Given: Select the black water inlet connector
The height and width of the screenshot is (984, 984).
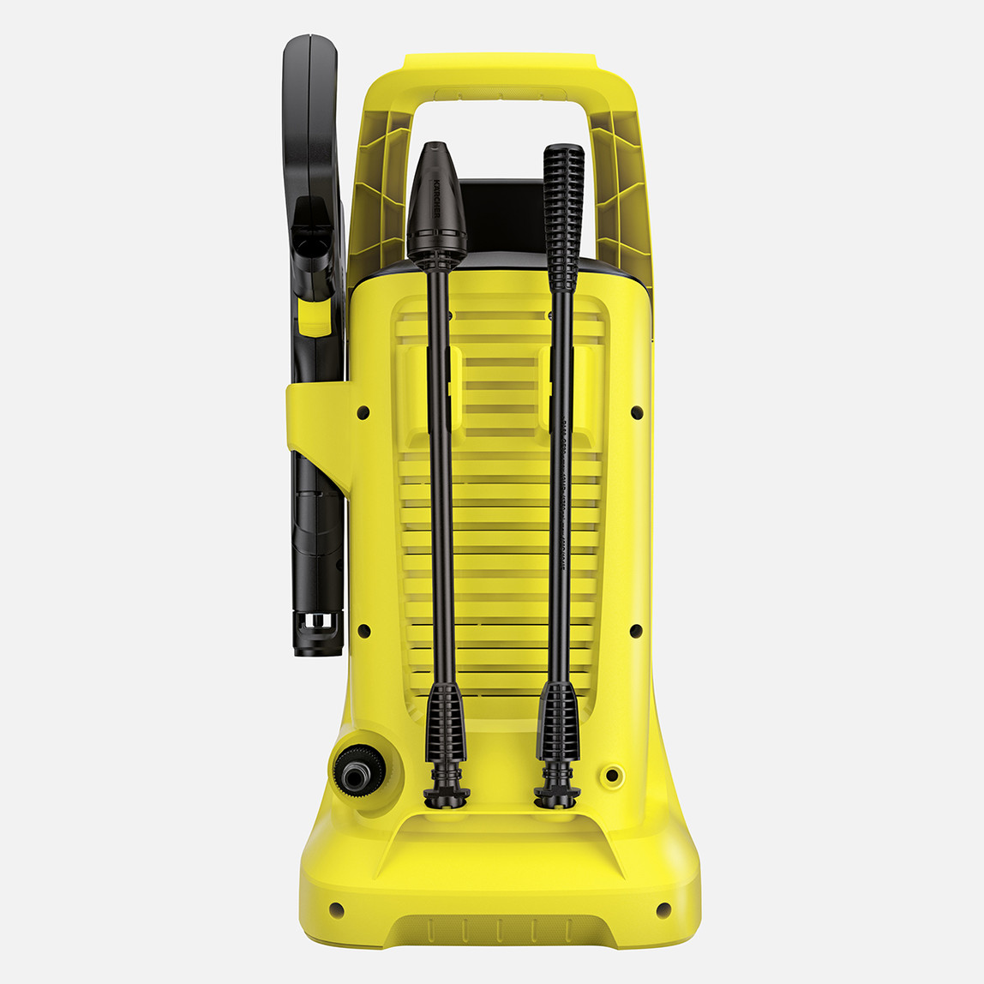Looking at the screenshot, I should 353,770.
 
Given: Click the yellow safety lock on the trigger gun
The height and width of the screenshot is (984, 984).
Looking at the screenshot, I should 314,317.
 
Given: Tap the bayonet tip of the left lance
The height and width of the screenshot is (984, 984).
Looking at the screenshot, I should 447,793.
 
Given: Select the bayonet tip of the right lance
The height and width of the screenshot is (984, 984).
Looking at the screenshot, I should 556,793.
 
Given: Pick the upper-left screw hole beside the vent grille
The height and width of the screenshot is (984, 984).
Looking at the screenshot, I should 363,412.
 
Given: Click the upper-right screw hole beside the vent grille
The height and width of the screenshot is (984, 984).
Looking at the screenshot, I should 636,412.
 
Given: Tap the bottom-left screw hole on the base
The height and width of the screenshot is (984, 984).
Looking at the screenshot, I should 335,909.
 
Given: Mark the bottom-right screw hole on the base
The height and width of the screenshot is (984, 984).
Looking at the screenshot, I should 663,909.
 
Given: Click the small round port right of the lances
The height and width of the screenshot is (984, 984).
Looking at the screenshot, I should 612,775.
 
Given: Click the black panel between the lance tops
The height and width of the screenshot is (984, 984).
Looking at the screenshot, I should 501,214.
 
